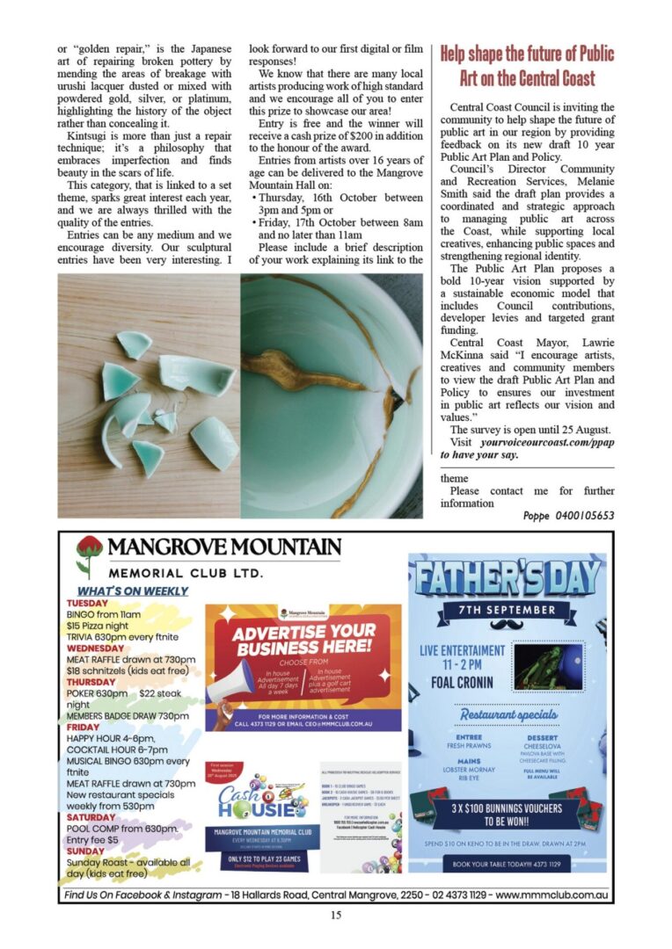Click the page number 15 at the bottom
336,915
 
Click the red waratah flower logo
89,554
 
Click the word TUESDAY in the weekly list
86,604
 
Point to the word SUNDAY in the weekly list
85,851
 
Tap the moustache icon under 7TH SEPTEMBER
511,626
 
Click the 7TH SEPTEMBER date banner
511,609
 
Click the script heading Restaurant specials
510,714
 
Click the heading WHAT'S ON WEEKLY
133,591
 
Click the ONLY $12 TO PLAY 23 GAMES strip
260,858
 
